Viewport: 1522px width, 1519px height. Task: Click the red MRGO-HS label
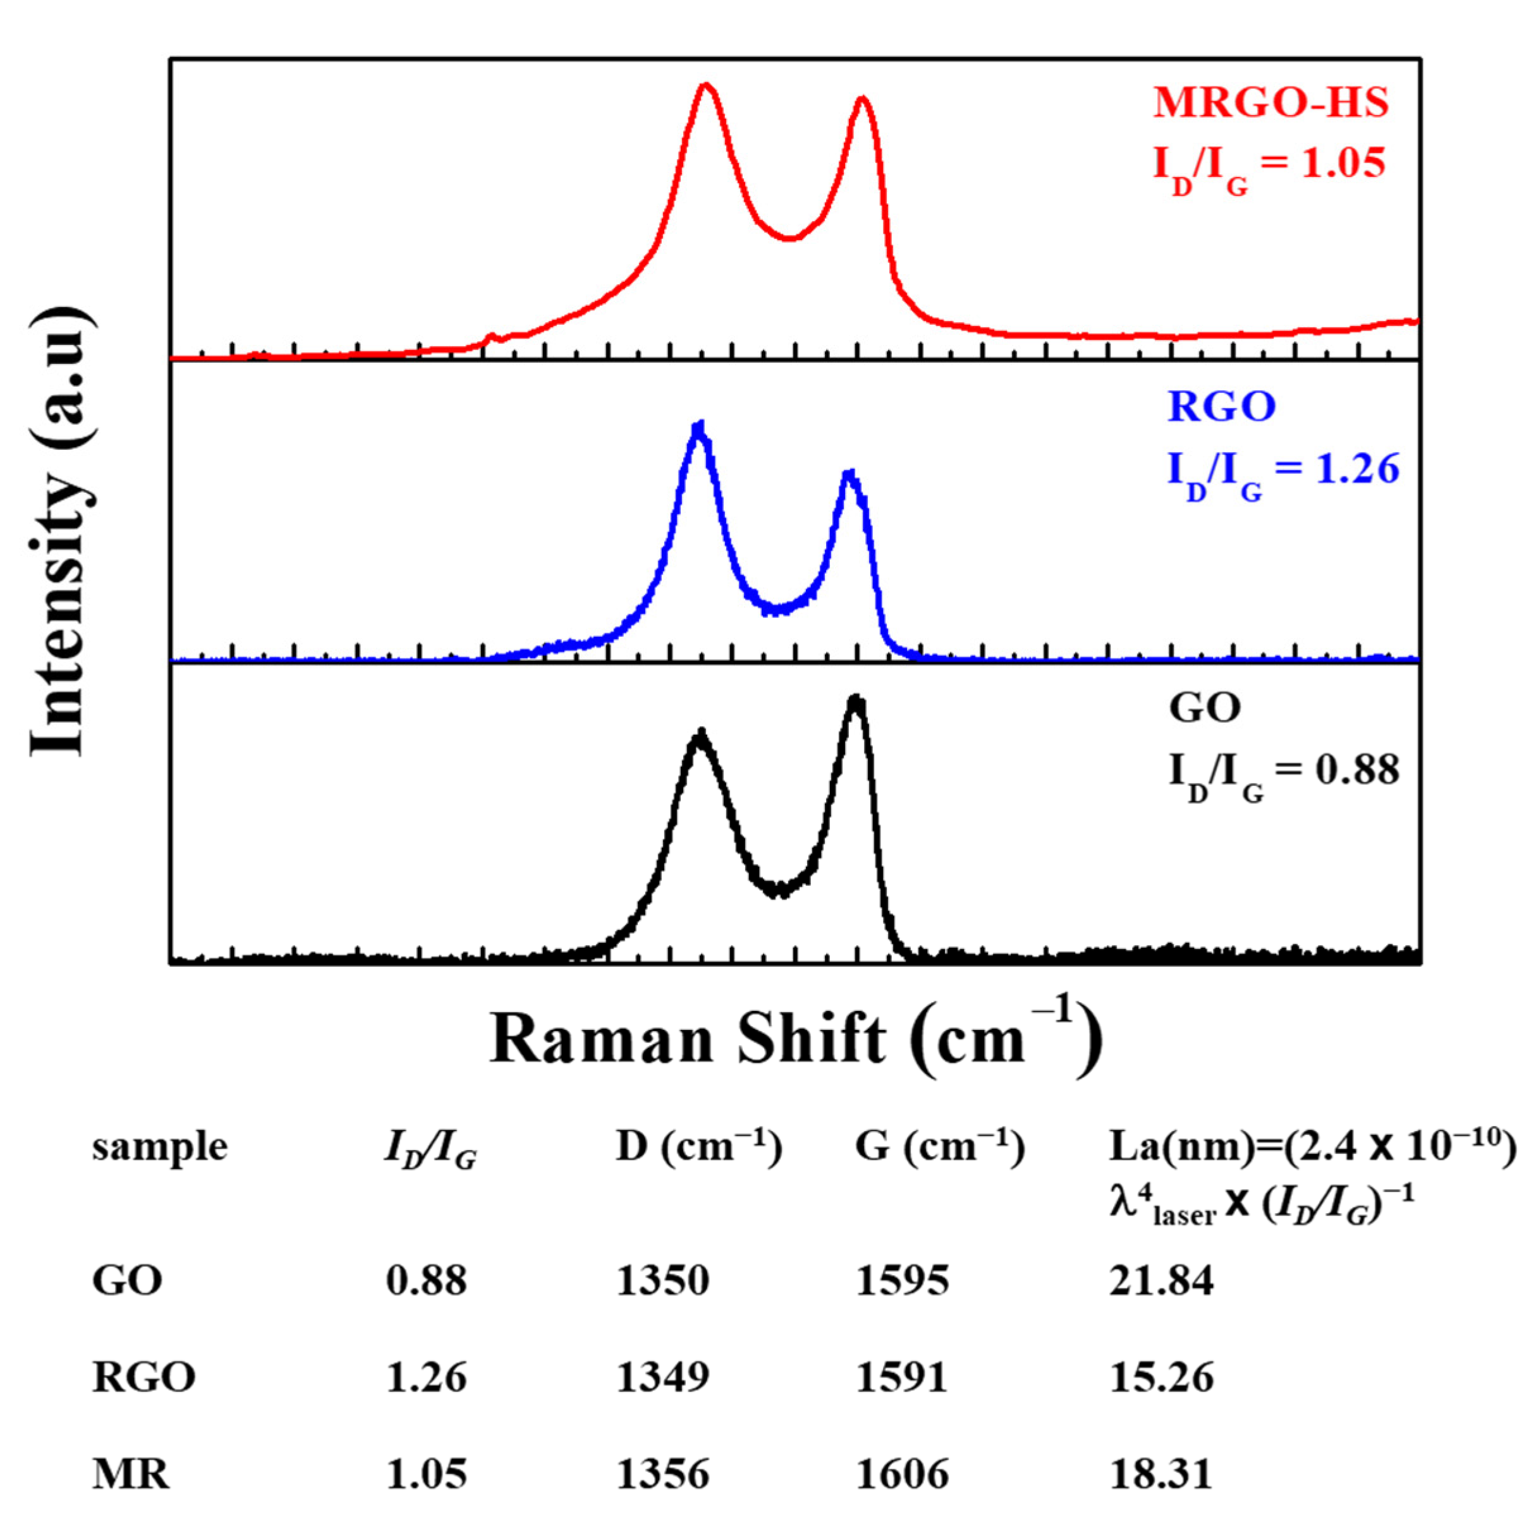(x=1270, y=103)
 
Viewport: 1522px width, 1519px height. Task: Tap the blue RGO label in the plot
(x=1221, y=407)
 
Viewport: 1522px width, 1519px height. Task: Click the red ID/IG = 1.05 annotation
(x=1269, y=167)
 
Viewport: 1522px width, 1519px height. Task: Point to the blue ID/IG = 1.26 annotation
(x=1282, y=471)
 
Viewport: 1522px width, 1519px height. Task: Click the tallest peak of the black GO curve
(x=856, y=699)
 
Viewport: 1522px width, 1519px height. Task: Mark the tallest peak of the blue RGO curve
(x=698, y=427)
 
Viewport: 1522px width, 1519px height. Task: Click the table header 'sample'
(x=160, y=1147)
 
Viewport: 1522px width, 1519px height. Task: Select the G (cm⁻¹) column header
(x=940, y=1147)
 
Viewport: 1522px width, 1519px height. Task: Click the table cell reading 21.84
(x=1162, y=1281)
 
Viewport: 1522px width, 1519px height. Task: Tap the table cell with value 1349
(x=662, y=1377)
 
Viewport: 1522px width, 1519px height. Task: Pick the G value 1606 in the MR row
(x=902, y=1474)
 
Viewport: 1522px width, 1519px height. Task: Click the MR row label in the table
(x=131, y=1474)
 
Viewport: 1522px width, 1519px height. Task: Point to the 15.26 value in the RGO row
(x=1162, y=1377)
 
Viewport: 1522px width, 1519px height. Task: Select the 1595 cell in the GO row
(x=902, y=1281)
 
